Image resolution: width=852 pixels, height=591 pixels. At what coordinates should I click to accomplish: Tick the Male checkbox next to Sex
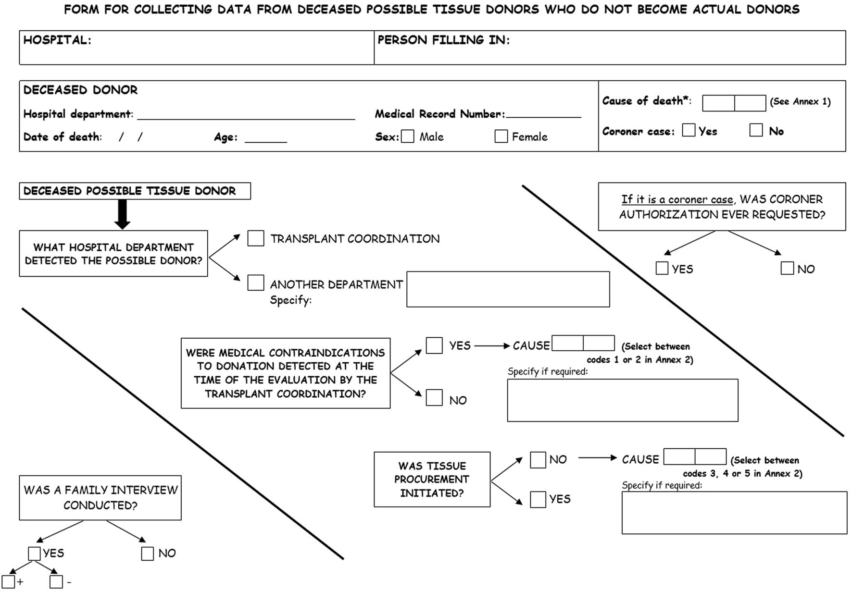(x=407, y=136)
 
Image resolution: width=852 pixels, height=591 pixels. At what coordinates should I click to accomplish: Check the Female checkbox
(x=501, y=136)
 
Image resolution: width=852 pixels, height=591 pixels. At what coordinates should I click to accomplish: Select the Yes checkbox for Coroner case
(x=689, y=130)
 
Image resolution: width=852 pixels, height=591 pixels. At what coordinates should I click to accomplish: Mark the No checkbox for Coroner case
(x=756, y=130)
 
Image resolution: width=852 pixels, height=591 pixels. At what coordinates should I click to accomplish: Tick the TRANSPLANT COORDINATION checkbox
(x=256, y=238)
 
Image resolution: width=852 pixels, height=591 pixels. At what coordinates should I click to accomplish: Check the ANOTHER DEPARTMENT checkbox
(x=256, y=283)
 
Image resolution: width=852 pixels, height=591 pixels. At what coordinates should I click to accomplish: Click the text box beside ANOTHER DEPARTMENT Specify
(x=508, y=289)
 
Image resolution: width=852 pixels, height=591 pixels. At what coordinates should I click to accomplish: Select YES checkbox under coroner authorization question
(x=662, y=268)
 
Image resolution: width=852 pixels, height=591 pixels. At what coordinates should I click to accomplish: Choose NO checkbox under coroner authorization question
(x=787, y=268)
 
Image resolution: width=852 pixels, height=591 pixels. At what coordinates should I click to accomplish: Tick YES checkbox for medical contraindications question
(x=434, y=345)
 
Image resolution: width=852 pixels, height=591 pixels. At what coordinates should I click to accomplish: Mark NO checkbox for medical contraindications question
(x=434, y=397)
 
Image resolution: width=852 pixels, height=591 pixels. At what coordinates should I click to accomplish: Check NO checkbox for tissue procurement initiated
(x=538, y=460)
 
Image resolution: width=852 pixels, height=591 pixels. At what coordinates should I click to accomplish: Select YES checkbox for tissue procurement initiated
(x=538, y=499)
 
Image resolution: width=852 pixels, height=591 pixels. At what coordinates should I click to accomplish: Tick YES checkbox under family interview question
(x=34, y=554)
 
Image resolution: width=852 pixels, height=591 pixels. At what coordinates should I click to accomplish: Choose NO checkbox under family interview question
(x=148, y=554)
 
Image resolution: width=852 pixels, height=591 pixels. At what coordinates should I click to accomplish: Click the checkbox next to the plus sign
(x=8, y=582)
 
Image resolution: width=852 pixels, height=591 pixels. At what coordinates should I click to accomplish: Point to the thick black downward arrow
(x=123, y=214)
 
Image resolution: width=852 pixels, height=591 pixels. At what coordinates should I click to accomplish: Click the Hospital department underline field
(x=246, y=119)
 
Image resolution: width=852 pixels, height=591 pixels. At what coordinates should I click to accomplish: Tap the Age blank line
(x=266, y=142)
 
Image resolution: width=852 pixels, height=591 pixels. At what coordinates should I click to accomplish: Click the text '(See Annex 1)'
(x=800, y=101)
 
